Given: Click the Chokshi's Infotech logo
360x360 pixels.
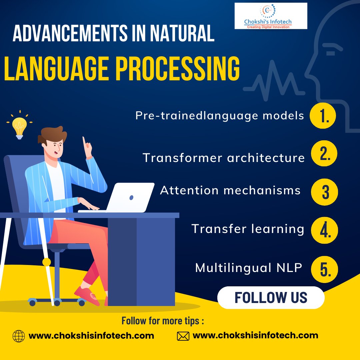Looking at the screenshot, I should (271, 16).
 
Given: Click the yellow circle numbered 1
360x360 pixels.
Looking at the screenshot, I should (323, 116).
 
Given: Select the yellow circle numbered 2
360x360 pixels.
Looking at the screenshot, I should (324, 154).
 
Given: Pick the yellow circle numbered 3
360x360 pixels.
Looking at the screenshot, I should (324, 192).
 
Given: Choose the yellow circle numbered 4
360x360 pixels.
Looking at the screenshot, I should (324, 230).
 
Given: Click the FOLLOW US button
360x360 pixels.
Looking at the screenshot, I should (271, 297).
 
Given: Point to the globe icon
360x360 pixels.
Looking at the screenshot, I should (19, 336).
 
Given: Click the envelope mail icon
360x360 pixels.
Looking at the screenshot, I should (183, 336).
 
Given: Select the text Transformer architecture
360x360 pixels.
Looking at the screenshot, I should (224, 158).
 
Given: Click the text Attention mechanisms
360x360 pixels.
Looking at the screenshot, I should (230, 190).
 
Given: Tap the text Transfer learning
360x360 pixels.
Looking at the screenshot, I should (248, 229).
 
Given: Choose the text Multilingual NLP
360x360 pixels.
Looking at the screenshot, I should (248, 268).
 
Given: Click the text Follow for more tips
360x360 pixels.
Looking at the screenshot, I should (162, 321).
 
